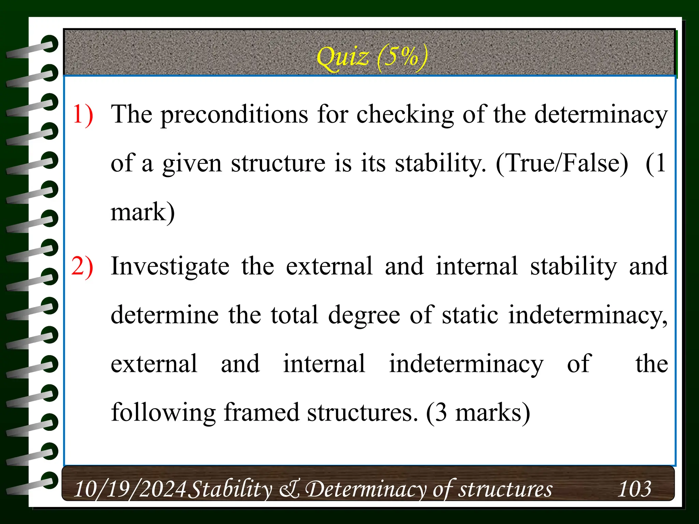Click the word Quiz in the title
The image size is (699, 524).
click(x=342, y=57)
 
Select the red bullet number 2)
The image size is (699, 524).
click(x=82, y=266)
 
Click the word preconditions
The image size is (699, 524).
click(x=234, y=115)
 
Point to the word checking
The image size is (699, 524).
click(x=405, y=115)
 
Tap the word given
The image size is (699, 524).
click(x=192, y=164)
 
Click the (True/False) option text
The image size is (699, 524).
click(x=562, y=163)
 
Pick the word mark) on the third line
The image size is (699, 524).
click(x=143, y=212)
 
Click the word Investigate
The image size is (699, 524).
click(x=170, y=267)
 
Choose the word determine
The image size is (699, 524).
click(x=165, y=315)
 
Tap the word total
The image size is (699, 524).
click(x=295, y=315)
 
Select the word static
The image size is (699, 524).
click(x=470, y=315)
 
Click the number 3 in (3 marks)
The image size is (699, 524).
click(x=441, y=413)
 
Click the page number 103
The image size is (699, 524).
click(x=634, y=489)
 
